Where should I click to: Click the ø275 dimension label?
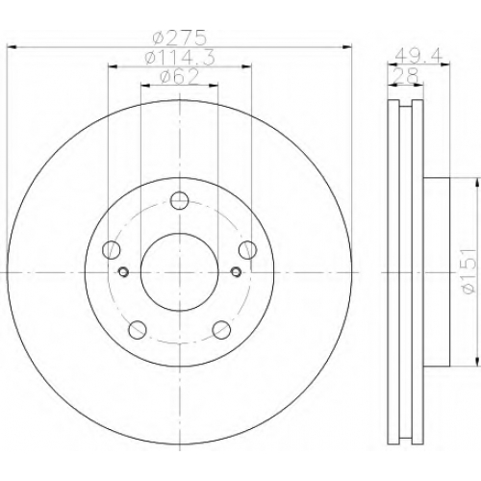click(179, 38)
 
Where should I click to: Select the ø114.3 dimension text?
click(180, 58)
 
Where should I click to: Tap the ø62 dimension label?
click(179, 77)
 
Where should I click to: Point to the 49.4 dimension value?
click(418, 56)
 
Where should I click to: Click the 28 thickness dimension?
click(406, 76)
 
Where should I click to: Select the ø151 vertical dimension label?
click(468, 271)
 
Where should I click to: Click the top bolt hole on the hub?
click(179, 201)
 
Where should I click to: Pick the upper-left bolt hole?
click(111, 250)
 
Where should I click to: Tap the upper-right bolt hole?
click(248, 250)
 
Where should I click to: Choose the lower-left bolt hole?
click(138, 329)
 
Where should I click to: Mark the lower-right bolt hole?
click(221, 329)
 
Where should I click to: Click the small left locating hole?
click(123, 272)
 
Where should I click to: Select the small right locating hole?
click(237, 272)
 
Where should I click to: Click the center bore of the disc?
click(180, 272)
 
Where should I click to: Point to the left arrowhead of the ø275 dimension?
click(12, 47)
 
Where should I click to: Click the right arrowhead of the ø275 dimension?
click(347, 47)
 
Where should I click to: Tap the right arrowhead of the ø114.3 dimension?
click(246, 66)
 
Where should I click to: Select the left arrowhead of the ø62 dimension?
click(145, 86)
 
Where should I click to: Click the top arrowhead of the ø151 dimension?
click(477, 183)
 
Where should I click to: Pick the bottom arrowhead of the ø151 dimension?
click(477, 361)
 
